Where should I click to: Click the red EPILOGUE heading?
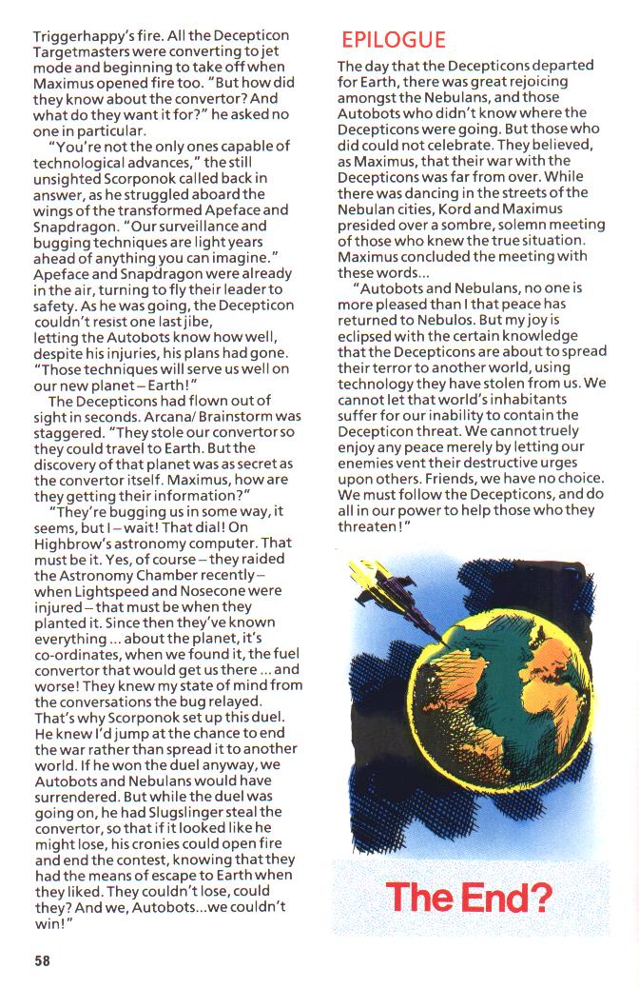click(x=393, y=40)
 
